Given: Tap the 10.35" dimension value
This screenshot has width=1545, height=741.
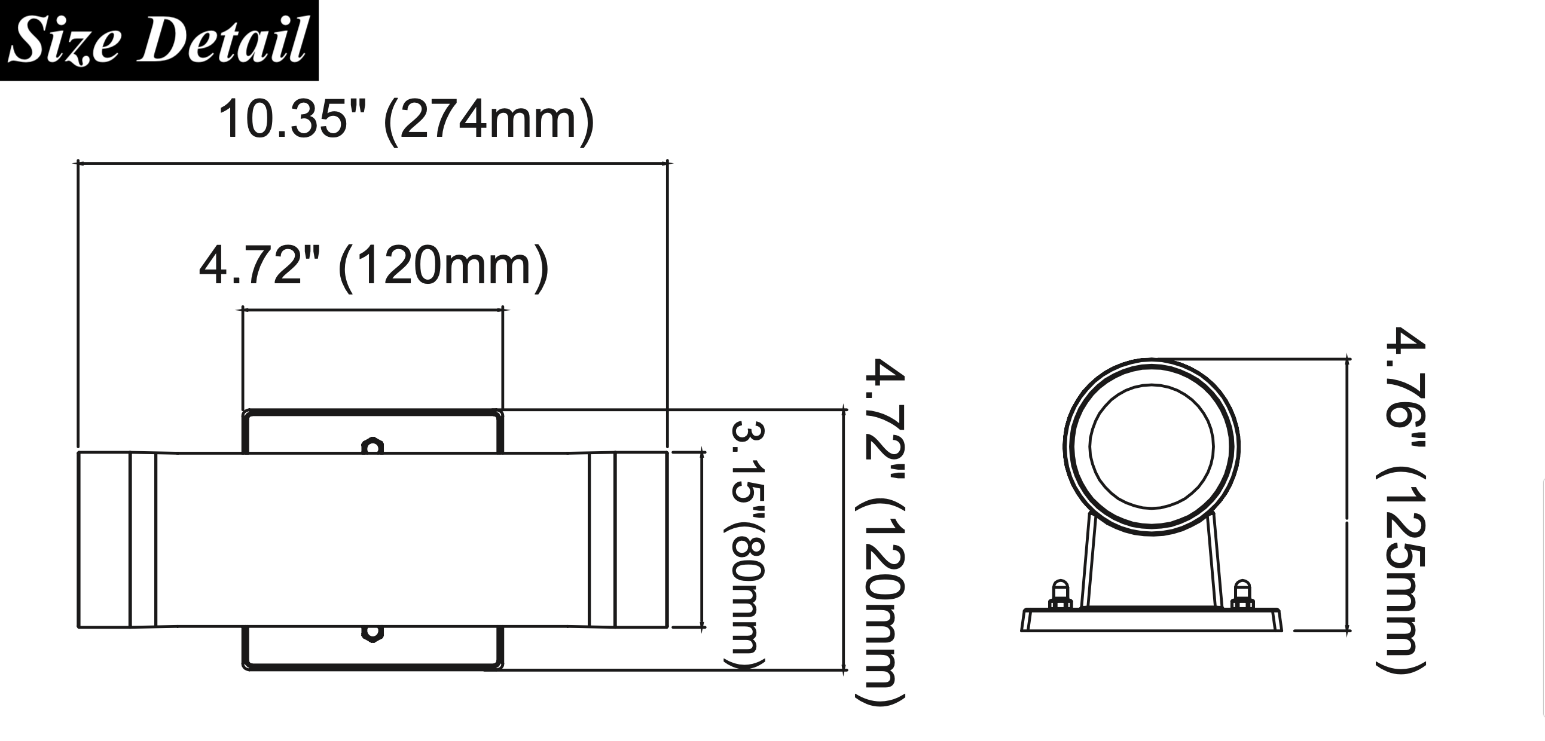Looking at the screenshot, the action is [x=283, y=120].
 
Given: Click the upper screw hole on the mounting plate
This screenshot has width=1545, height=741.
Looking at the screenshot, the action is [x=372, y=446].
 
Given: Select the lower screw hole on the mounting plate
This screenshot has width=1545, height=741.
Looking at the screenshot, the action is [x=372, y=633].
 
